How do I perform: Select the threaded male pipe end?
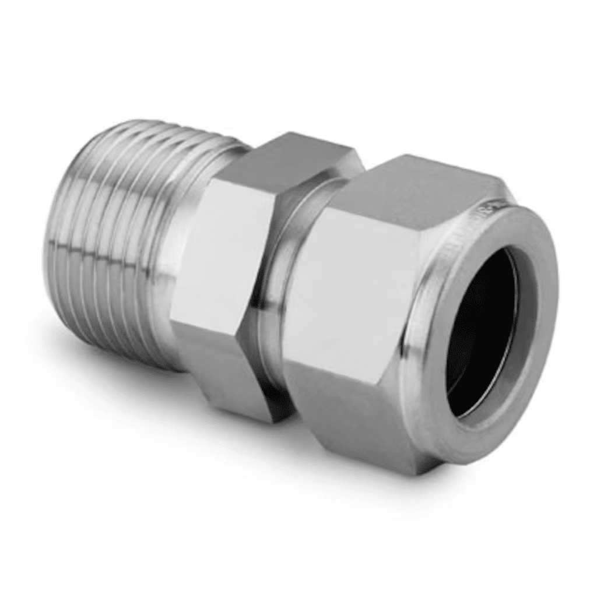point(117,233)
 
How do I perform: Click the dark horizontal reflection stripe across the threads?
point(105,251)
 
